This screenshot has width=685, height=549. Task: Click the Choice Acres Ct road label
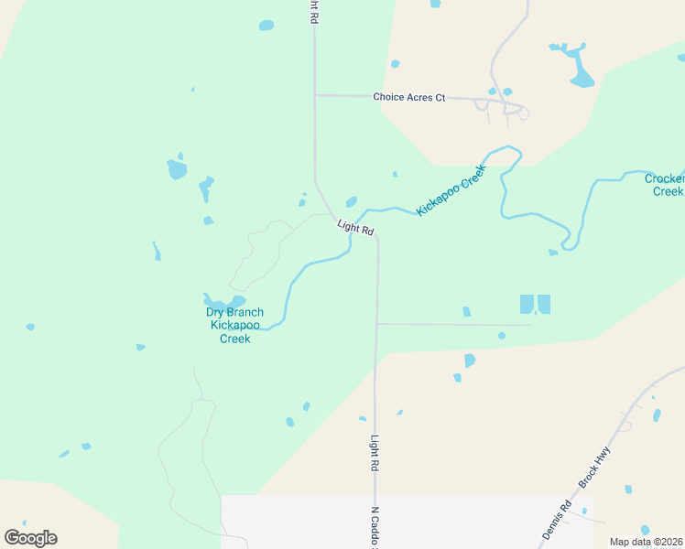pos(408,97)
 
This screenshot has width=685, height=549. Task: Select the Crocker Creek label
pos(665,185)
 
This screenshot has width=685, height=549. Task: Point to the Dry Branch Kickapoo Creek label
pos(234,325)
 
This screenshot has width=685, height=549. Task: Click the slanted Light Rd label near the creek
pos(355,228)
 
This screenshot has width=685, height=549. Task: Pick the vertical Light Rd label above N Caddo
pos(375,453)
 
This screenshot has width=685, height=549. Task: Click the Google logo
pos(30,538)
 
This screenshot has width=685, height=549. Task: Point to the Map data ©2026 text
pos(647,542)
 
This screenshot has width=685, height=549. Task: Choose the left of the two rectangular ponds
pos(527,304)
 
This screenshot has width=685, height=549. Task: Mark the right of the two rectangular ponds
pos(544,304)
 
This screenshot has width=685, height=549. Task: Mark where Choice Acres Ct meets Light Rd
pos(314,95)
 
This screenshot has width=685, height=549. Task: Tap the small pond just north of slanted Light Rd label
pos(351,202)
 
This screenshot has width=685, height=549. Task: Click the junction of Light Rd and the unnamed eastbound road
pos(376,323)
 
